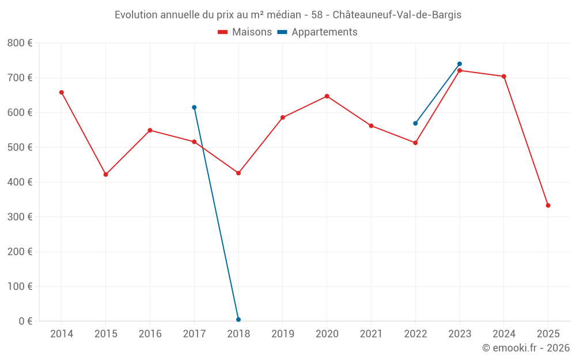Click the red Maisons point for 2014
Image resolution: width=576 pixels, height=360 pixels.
coord(62,92)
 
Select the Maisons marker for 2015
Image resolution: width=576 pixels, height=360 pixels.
coord(106,174)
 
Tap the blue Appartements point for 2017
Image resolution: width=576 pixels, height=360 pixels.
coord(194,107)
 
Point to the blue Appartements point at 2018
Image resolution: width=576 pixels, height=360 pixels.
coord(238,320)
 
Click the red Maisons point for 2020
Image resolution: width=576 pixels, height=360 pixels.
coord(327,96)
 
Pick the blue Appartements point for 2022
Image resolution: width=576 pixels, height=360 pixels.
coord(415,123)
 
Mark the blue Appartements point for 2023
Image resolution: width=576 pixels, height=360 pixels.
coord(460,64)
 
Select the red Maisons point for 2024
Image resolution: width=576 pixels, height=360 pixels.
coord(504,76)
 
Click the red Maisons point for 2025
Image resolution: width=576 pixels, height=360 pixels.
coord(548,206)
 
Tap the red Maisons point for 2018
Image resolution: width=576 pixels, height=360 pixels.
coord(238,173)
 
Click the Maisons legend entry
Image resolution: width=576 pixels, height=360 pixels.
coord(245,32)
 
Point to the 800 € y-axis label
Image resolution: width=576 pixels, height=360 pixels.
coord(20,43)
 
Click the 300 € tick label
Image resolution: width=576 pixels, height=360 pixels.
coord(20,217)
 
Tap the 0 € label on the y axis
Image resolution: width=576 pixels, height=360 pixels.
coord(25,321)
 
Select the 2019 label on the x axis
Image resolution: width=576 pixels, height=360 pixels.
coord(282,334)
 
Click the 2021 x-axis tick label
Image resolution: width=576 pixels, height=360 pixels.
coord(371,334)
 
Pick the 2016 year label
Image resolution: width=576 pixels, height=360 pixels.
coord(150,334)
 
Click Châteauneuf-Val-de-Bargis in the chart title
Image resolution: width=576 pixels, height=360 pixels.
coord(397,14)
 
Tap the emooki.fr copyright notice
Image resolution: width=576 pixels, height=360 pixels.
coord(526,348)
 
